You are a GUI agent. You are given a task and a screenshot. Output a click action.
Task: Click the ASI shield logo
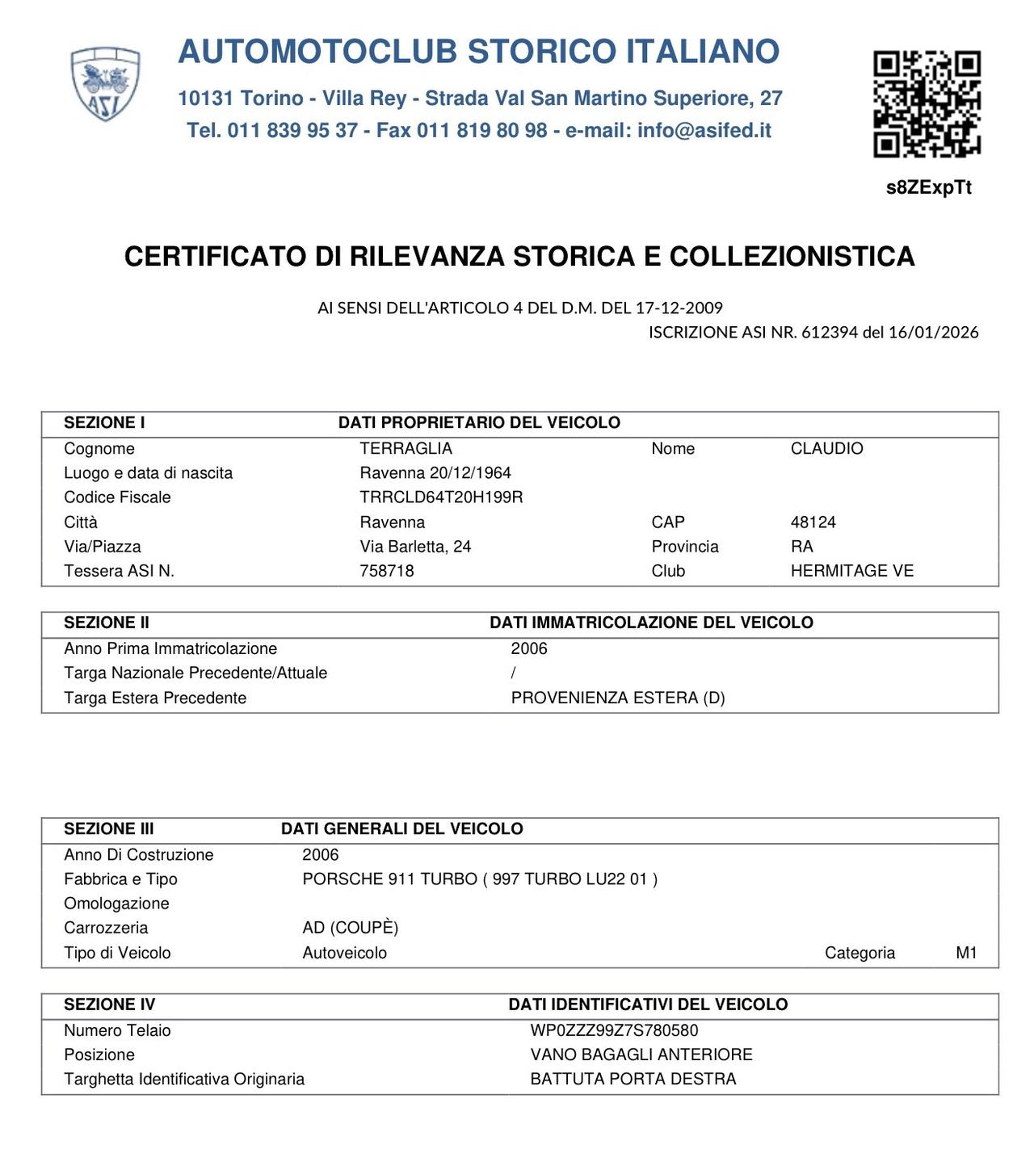[106, 84]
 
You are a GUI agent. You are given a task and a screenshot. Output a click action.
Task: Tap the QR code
[927, 103]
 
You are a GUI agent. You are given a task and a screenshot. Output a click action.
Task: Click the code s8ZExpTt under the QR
[928, 187]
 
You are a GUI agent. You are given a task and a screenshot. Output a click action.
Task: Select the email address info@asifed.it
[704, 131]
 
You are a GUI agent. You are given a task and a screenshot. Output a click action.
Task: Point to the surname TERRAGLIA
[406, 448]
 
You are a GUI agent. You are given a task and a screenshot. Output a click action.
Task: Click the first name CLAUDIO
[826, 448]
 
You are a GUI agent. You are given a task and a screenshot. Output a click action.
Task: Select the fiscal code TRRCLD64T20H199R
[441, 497]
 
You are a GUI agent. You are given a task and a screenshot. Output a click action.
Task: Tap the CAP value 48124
[813, 522]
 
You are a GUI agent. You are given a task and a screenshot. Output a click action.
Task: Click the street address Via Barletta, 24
[415, 547]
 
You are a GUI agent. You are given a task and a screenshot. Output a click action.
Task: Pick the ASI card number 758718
[386, 571]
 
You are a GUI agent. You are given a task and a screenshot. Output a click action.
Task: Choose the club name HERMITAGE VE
[851, 571]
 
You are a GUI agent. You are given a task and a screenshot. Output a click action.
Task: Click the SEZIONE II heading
[107, 623]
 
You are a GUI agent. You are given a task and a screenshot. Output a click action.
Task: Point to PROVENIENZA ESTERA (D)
[618, 698]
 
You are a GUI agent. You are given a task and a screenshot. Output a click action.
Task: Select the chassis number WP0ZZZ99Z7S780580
[614, 1030]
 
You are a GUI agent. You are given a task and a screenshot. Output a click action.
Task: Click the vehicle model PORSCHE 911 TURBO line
[480, 879]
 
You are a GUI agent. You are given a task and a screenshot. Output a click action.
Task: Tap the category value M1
[966, 953]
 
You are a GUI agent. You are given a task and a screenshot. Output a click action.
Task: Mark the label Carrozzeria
[106, 928]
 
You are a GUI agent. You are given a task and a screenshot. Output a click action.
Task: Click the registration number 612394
[829, 332]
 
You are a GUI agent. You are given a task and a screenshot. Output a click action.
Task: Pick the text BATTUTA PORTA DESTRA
[633, 1079]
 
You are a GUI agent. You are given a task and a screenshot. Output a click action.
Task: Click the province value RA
[801, 547]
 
